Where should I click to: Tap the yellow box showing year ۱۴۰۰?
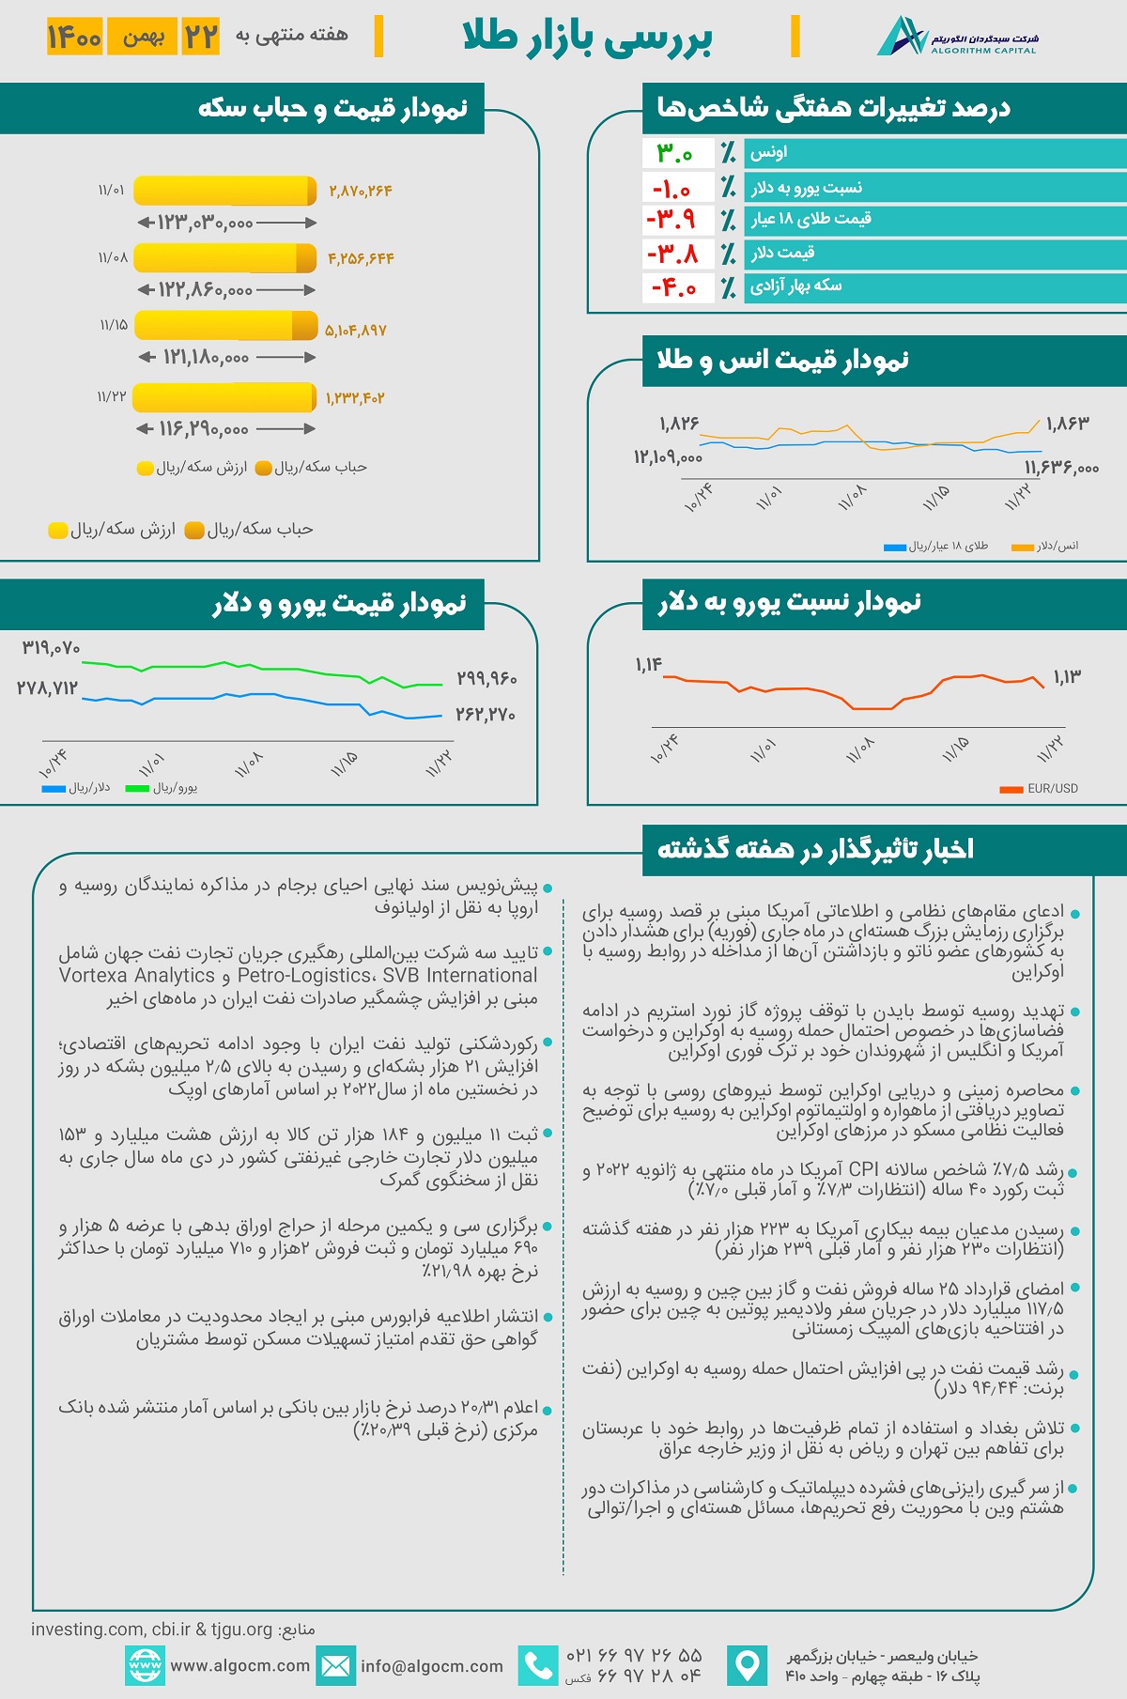(x=74, y=37)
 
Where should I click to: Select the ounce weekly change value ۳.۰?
(x=674, y=153)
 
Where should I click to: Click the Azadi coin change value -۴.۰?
(x=674, y=287)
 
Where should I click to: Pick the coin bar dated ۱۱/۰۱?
(x=224, y=191)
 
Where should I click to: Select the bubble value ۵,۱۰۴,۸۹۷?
(x=356, y=331)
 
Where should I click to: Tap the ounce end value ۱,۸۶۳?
(x=1068, y=424)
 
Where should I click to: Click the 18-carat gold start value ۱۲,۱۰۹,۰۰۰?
(x=668, y=457)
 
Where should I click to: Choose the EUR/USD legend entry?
(x=1039, y=789)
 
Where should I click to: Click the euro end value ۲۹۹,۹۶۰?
(x=486, y=678)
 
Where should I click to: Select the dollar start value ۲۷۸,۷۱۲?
(x=47, y=688)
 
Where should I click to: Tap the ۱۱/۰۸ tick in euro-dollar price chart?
(x=249, y=764)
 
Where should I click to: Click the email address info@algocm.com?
(x=432, y=1666)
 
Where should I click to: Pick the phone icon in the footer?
(x=538, y=1665)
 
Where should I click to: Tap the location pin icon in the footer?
(x=748, y=1665)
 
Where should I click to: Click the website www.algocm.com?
(x=239, y=1666)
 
